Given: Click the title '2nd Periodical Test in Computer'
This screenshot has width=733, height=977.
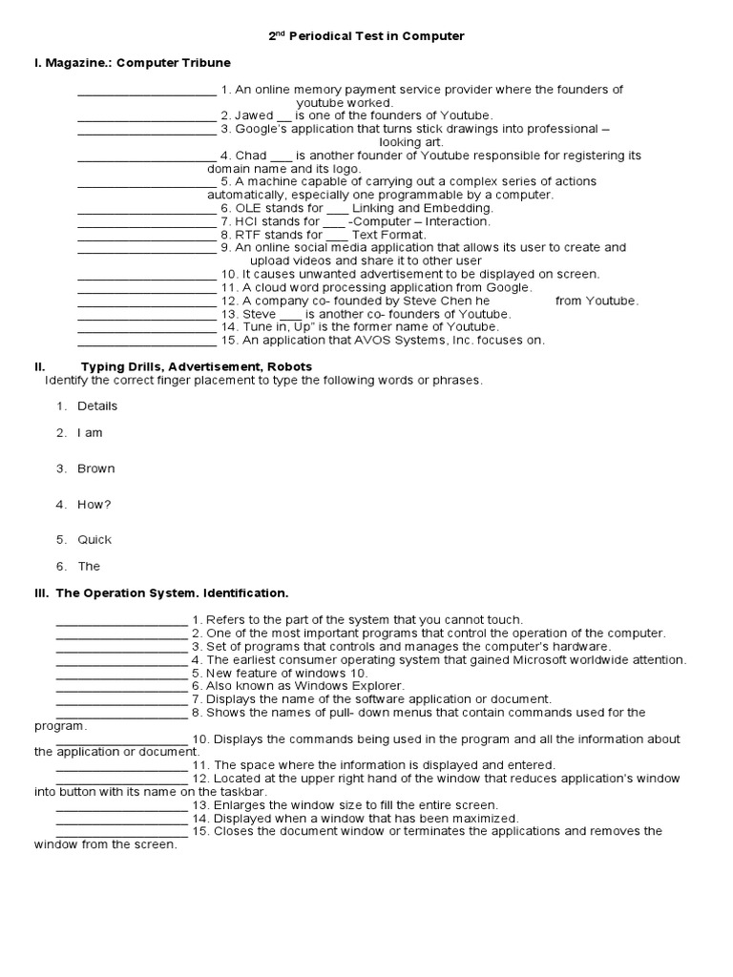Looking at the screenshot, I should point(366,36).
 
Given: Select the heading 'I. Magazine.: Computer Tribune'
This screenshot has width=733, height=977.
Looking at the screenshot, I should point(132,63).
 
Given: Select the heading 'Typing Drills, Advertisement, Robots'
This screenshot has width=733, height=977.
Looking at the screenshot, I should point(196,366).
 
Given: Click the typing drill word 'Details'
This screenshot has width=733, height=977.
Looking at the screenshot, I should point(97,406).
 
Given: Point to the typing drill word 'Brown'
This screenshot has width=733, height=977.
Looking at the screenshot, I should point(96,469).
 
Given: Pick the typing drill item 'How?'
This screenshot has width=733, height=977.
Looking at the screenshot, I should point(94,505).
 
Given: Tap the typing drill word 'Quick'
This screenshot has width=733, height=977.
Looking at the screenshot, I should point(94,540).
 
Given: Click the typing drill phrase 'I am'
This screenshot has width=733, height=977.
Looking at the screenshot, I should point(90,433).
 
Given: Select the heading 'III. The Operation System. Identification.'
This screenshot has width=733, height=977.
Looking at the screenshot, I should point(161,592).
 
